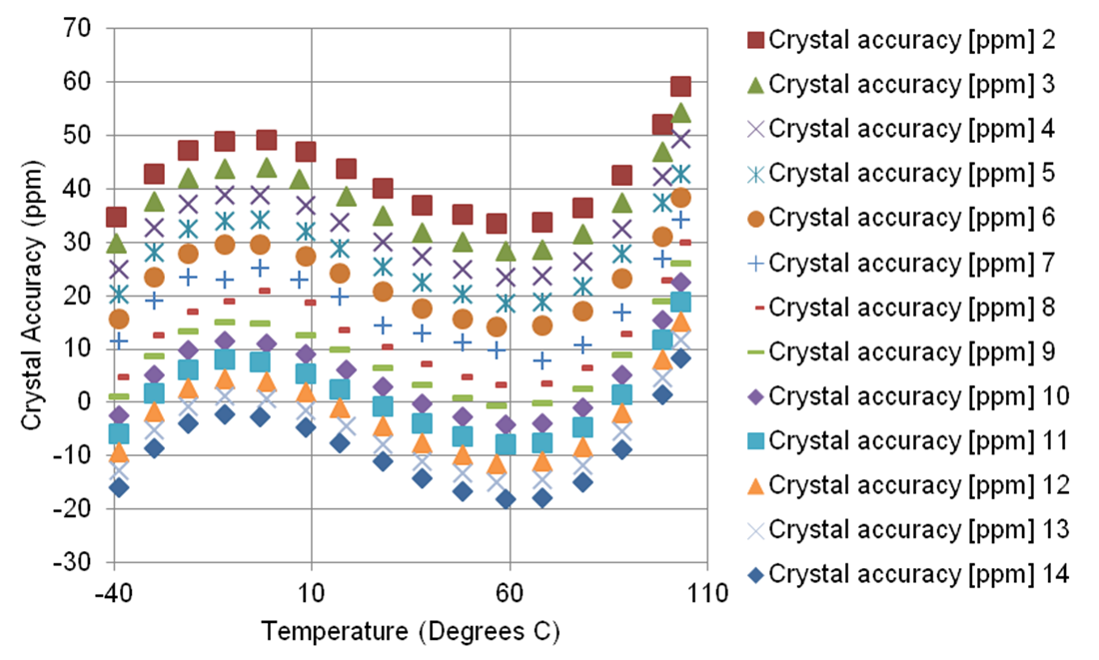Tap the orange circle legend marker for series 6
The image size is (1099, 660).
(x=755, y=219)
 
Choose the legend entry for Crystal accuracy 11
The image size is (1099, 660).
(x=920, y=440)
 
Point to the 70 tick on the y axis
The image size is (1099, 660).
(x=78, y=29)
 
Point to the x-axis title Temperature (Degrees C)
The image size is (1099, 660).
(x=410, y=633)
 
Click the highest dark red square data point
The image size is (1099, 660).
(x=680, y=87)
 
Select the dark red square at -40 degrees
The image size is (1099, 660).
(x=116, y=217)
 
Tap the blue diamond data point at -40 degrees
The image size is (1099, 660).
(x=119, y=487)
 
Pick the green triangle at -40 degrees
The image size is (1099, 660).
(x=116, y=243)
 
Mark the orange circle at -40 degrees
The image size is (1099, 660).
(x=119, y=319)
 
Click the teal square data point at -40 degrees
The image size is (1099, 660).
(x=118, y=433)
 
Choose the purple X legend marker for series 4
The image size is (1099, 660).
(x=755, y=130)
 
